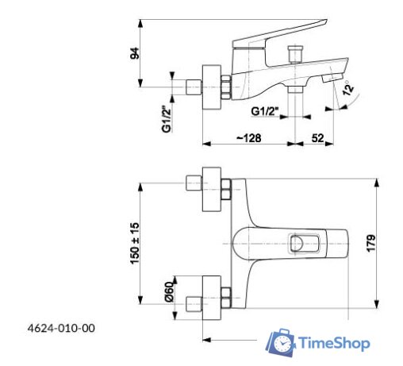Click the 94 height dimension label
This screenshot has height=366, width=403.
(x=136, y=53)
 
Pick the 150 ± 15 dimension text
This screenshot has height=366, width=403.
(x=136, y=243)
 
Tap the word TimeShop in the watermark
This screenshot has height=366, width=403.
(x=334, y=343)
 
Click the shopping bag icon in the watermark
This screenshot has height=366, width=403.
(x=280, y=342)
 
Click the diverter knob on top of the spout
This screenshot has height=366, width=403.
(x=298, y=54)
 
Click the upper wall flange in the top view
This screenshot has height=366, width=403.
(x=212, y=189)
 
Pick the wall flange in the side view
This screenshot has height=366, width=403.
(x=212, y=83)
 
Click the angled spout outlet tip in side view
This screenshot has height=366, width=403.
(x=334, y=77)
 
